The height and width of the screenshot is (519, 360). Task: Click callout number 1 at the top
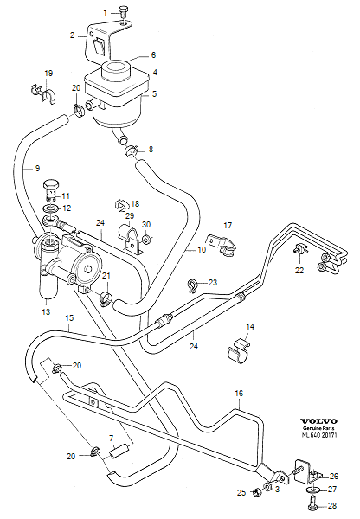(x=107, y=12)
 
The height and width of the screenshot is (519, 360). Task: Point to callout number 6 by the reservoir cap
(x=154, y=54)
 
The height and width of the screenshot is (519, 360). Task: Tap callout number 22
(x=299, y=271)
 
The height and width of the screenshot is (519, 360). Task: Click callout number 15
(x=68, y=318)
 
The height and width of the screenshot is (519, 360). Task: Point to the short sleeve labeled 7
(x=120, y=450)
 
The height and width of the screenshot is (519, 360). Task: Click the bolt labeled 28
(x=311, y=503)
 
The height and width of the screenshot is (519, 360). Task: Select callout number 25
(x=241, y=492)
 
